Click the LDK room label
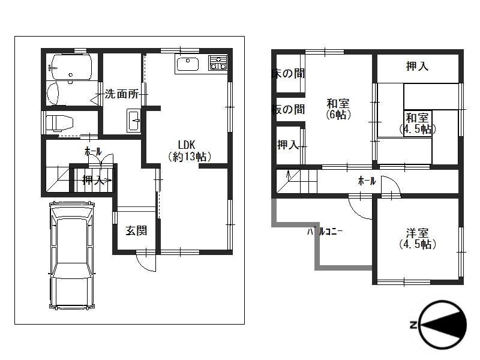pyautogui.click(x=190, y=151)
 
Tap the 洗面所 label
pyautogui.click(x=122, y=94)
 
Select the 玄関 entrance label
pyautogui.click(x=136, y=230)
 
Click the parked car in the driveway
pyautogui.click(x=71, y=256)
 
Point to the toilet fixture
pyautogui.click(x=59, y=123)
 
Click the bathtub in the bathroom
pyautogui.click(x=71, y=67)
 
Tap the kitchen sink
pyautogui.click(x=187, y=64)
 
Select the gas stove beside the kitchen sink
pyautogui.click(x=218, y=63)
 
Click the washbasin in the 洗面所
pyautogui.click(x=134, y=120)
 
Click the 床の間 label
pyautogui.click(x=288, y=73)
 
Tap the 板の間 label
pyautogui.click(x=288, y=109)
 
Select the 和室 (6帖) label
pyautogui.click(x=338, y=109)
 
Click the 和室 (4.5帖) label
pyautogui.click(x=417, y=124)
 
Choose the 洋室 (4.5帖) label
pyautogui.click(x=418, y=239)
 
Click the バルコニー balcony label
pyautogui.click(x=325, y=232)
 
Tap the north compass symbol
pyautogui.click(x=442, y=325)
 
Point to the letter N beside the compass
pyautogui.click(x=413, y=325)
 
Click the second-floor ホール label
pyautogui.click(x=367, y=181)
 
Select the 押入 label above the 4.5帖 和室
pyautogui.click(x=417, y=66)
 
